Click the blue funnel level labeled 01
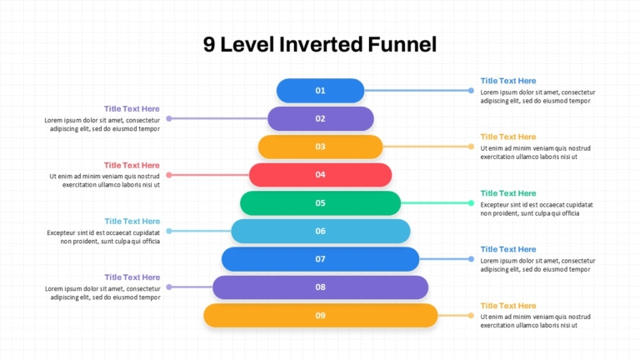tap(320, 91)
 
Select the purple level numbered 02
tap(320, 119)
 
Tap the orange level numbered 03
tap(320, 147)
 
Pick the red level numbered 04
tap(320, 175)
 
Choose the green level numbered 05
tap(320, 202)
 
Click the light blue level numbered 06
tap(320, 231)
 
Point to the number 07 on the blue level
tap(320, 259)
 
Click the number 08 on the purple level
tap(320, 287)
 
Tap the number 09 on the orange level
tap(320, 316)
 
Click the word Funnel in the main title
tap(402, 44)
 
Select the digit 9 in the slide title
tap(209, 44)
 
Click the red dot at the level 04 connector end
tap(169, 175)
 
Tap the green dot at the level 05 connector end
tap(471, 202)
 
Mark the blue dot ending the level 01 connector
tap(471, 91)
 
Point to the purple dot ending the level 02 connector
tap(169, 119)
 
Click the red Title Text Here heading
tap(132, 165)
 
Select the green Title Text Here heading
tap(508, 193)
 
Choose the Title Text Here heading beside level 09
tap(508, 306)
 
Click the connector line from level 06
tap(200, 231)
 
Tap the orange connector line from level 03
tap(427, 147)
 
